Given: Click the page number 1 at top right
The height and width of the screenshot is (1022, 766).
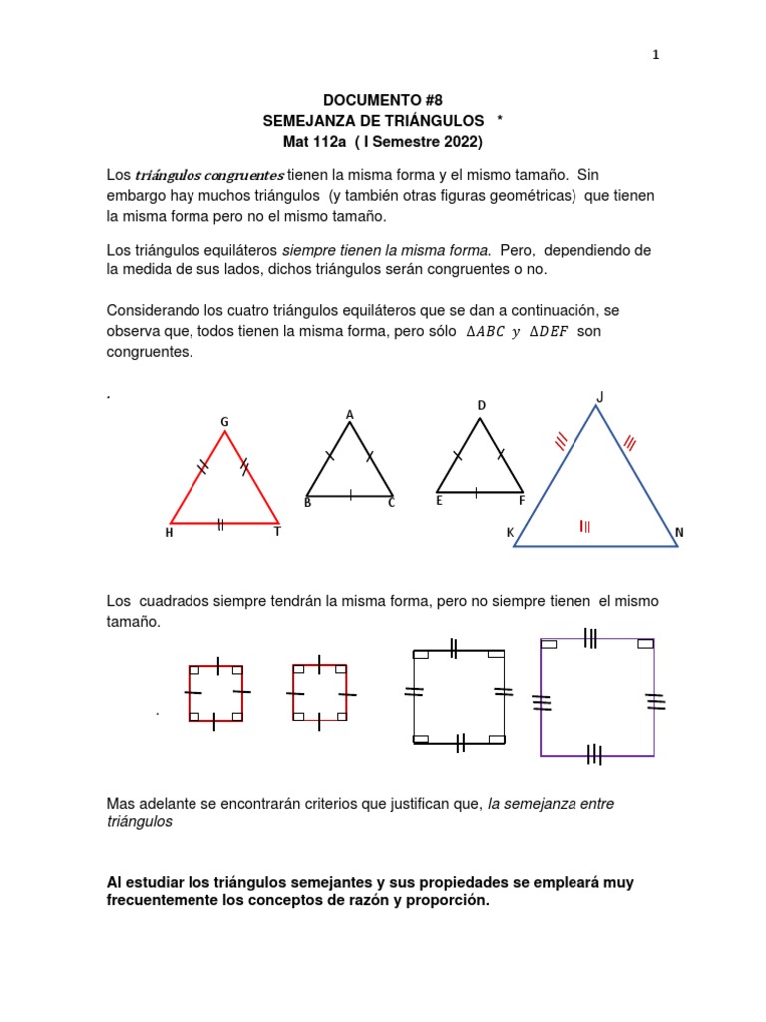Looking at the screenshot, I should [655, 55].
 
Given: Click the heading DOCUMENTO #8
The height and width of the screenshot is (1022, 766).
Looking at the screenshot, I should [382, 100].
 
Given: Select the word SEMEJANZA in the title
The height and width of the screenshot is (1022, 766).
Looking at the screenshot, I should [303, 120].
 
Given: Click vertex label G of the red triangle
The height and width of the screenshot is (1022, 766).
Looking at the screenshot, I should [225, 422].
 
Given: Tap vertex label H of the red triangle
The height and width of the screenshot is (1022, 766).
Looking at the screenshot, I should [169, 533].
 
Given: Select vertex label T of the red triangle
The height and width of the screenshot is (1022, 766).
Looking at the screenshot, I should [277, 532].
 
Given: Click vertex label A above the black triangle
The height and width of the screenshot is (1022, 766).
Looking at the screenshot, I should [350, 414].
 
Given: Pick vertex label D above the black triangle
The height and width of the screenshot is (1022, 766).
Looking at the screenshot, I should [481, 405].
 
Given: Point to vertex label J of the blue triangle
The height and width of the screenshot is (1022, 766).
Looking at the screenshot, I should [599, 397].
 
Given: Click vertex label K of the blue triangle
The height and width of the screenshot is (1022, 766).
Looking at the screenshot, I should [510, 534].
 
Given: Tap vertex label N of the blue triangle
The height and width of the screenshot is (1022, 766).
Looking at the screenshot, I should [679, 533].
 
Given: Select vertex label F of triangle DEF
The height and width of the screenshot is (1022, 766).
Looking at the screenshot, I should [521, 501].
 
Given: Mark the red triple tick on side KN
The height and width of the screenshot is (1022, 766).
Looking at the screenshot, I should [585, 527].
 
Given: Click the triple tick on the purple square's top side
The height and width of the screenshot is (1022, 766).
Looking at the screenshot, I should [590, 638].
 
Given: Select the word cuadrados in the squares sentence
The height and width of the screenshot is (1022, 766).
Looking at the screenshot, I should [185, 601].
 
